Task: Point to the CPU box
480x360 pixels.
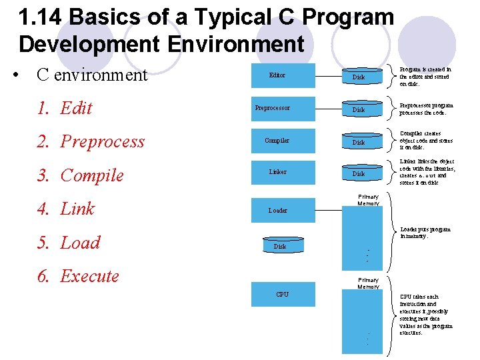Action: [x=283, y=295]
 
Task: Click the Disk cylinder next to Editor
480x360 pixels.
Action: [x=359, y=77]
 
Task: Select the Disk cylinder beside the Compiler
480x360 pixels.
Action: [x=359, y=141]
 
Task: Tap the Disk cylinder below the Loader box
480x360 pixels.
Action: [x=281, y=246]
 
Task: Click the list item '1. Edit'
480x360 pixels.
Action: [x=65, y=108]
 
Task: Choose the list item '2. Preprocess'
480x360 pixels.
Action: [x=91, y=141]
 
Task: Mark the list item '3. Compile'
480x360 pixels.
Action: [x=81, y=175]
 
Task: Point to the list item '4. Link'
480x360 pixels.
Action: [x=66, y=209]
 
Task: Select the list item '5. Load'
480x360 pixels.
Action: [x=69, y=243]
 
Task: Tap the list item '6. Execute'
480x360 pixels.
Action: [x=78, y=276]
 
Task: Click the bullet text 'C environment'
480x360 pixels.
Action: [x=91, y=75]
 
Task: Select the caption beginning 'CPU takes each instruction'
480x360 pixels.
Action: [x=425, y=315]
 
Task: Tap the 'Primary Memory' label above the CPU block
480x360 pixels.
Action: [x=368, y=283]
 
